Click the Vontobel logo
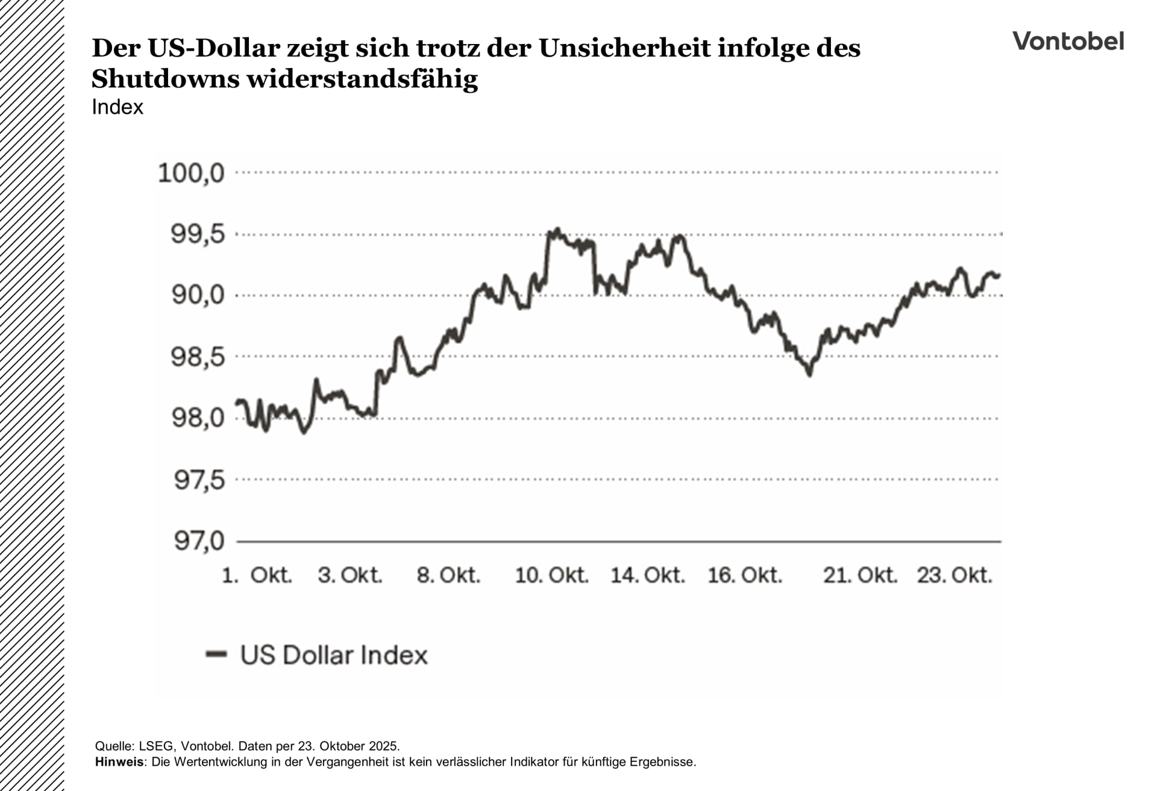(1068, 41)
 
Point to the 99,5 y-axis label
(198, 234)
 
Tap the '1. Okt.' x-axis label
(257, 575)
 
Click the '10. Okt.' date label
(551, 575)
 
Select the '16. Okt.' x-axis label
(745, 575)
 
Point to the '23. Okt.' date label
(955, 575)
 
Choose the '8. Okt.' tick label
(449, 575)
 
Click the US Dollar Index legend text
(334, 655)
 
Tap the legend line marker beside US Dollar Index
(216, 654)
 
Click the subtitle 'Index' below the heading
(118, 107)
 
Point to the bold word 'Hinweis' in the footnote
(119, 761)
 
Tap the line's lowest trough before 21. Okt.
(809, 374)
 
